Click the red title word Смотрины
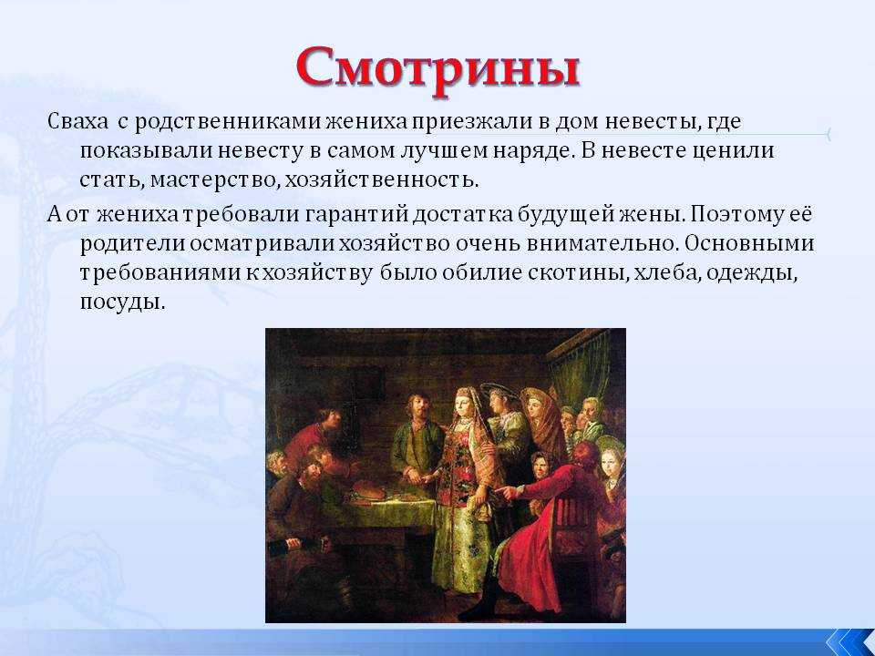pyautogui.click(x=438, y=70)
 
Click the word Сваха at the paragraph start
pyautogui.click(x=77, y=121)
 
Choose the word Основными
pyautogui.click(x=750, y=244)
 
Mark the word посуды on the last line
pyautogui.click(x=123, y=303)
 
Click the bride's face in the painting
pyautogui.click(x=462, y=403)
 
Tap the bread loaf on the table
pyautogui.click(x=366, y=490)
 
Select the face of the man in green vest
pyautogui.click(x=418, y=408)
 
